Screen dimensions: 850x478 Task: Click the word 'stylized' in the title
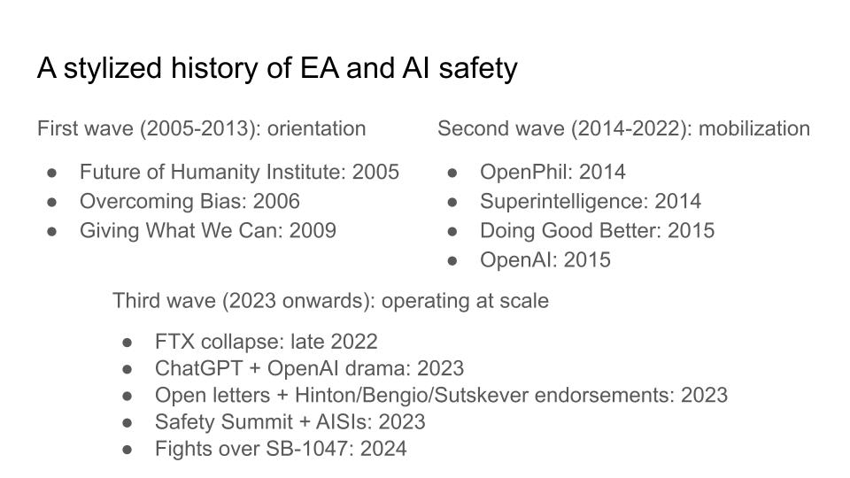click(x=112, y=69)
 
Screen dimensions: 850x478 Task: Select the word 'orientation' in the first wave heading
click(x=317, y=128)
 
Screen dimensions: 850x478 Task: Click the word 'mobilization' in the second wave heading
click(x=754, y=128)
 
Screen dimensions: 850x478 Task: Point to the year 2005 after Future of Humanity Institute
click(x=375, y=172)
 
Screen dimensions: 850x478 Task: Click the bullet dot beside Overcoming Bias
click(x=52, y=202)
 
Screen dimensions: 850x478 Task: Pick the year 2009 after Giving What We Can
click(x=313, y=230)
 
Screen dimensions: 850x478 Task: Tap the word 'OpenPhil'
click(x=526, y=172)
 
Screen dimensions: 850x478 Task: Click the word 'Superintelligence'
click(x=564, y=202)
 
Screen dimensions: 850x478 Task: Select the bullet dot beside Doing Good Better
click(x=452, y=231)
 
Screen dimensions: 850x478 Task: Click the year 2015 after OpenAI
click(x=587, y=259)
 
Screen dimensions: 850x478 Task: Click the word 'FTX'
click(x=174, y=342)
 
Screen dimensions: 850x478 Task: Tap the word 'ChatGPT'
click(x=198, y=368)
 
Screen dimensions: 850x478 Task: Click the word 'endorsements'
click(x=605, y=395)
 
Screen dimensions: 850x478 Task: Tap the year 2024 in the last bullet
click(x=383, y=449)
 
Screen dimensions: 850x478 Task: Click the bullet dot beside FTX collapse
click(x=127, y=343)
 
